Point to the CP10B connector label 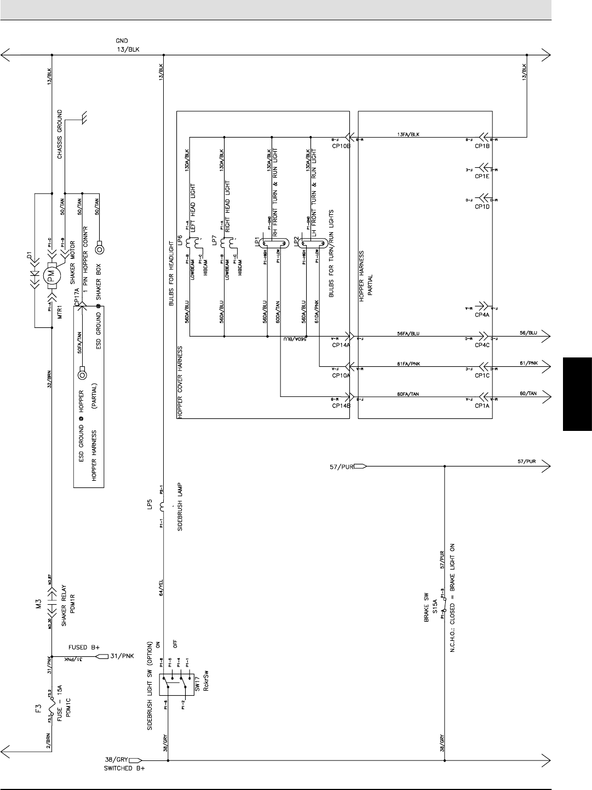(x=341, y=146)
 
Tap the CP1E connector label (x=482, y=176)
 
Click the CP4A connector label (x=482, y=315)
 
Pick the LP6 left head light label (x=179, y=240)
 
